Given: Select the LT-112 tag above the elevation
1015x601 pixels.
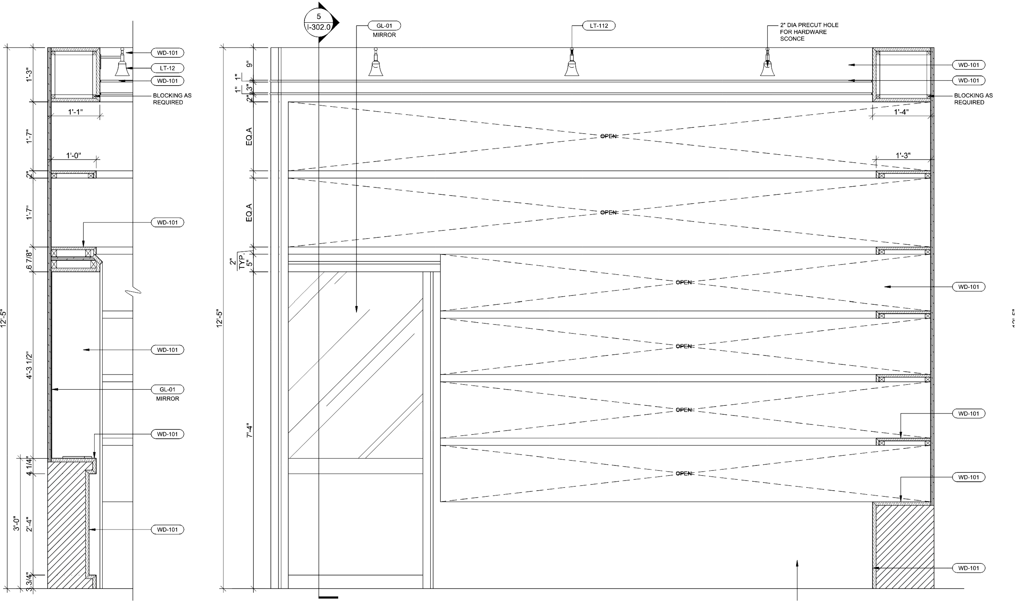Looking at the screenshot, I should pyautogui.click(x=599, y=26).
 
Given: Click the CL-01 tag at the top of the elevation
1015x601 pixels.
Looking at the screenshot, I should pyautogui.click(x=384, y=26).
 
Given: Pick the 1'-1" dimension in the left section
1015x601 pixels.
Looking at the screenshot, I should pyautogui.click(x=76, y=112).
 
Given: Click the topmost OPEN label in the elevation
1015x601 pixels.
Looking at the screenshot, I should pyautogui.click(x=609, y=136).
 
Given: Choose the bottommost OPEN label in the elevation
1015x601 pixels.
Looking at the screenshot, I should pyautogui.click(x=685, y=474).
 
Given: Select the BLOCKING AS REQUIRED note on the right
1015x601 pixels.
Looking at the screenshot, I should pyautogui.click(x=974, y=99).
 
